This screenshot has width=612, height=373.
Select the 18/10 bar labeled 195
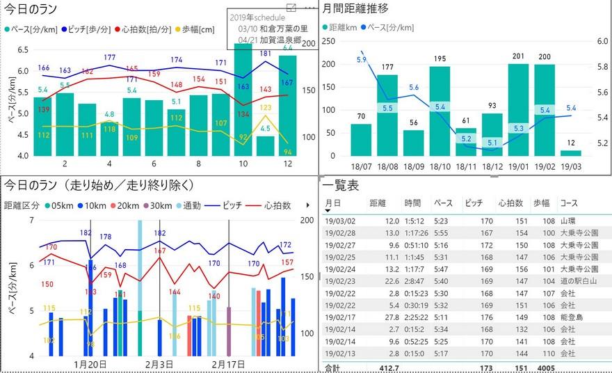pyautogui.click(x=440, y=111)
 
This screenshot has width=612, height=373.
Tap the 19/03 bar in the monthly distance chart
pyautogui.click(x=571, y=153)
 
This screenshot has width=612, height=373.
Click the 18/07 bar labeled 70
pyautogui.click(x=361, y=140)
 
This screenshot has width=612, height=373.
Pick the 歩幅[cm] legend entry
pyautogui.click(x=201, y=30)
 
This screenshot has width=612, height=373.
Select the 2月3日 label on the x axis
pyautogui.click(x=159, y=365)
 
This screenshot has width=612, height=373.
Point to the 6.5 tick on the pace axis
pyautogui.click(x=22, y=49)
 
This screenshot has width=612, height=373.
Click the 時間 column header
pyautogui.click(x=413, y=203)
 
